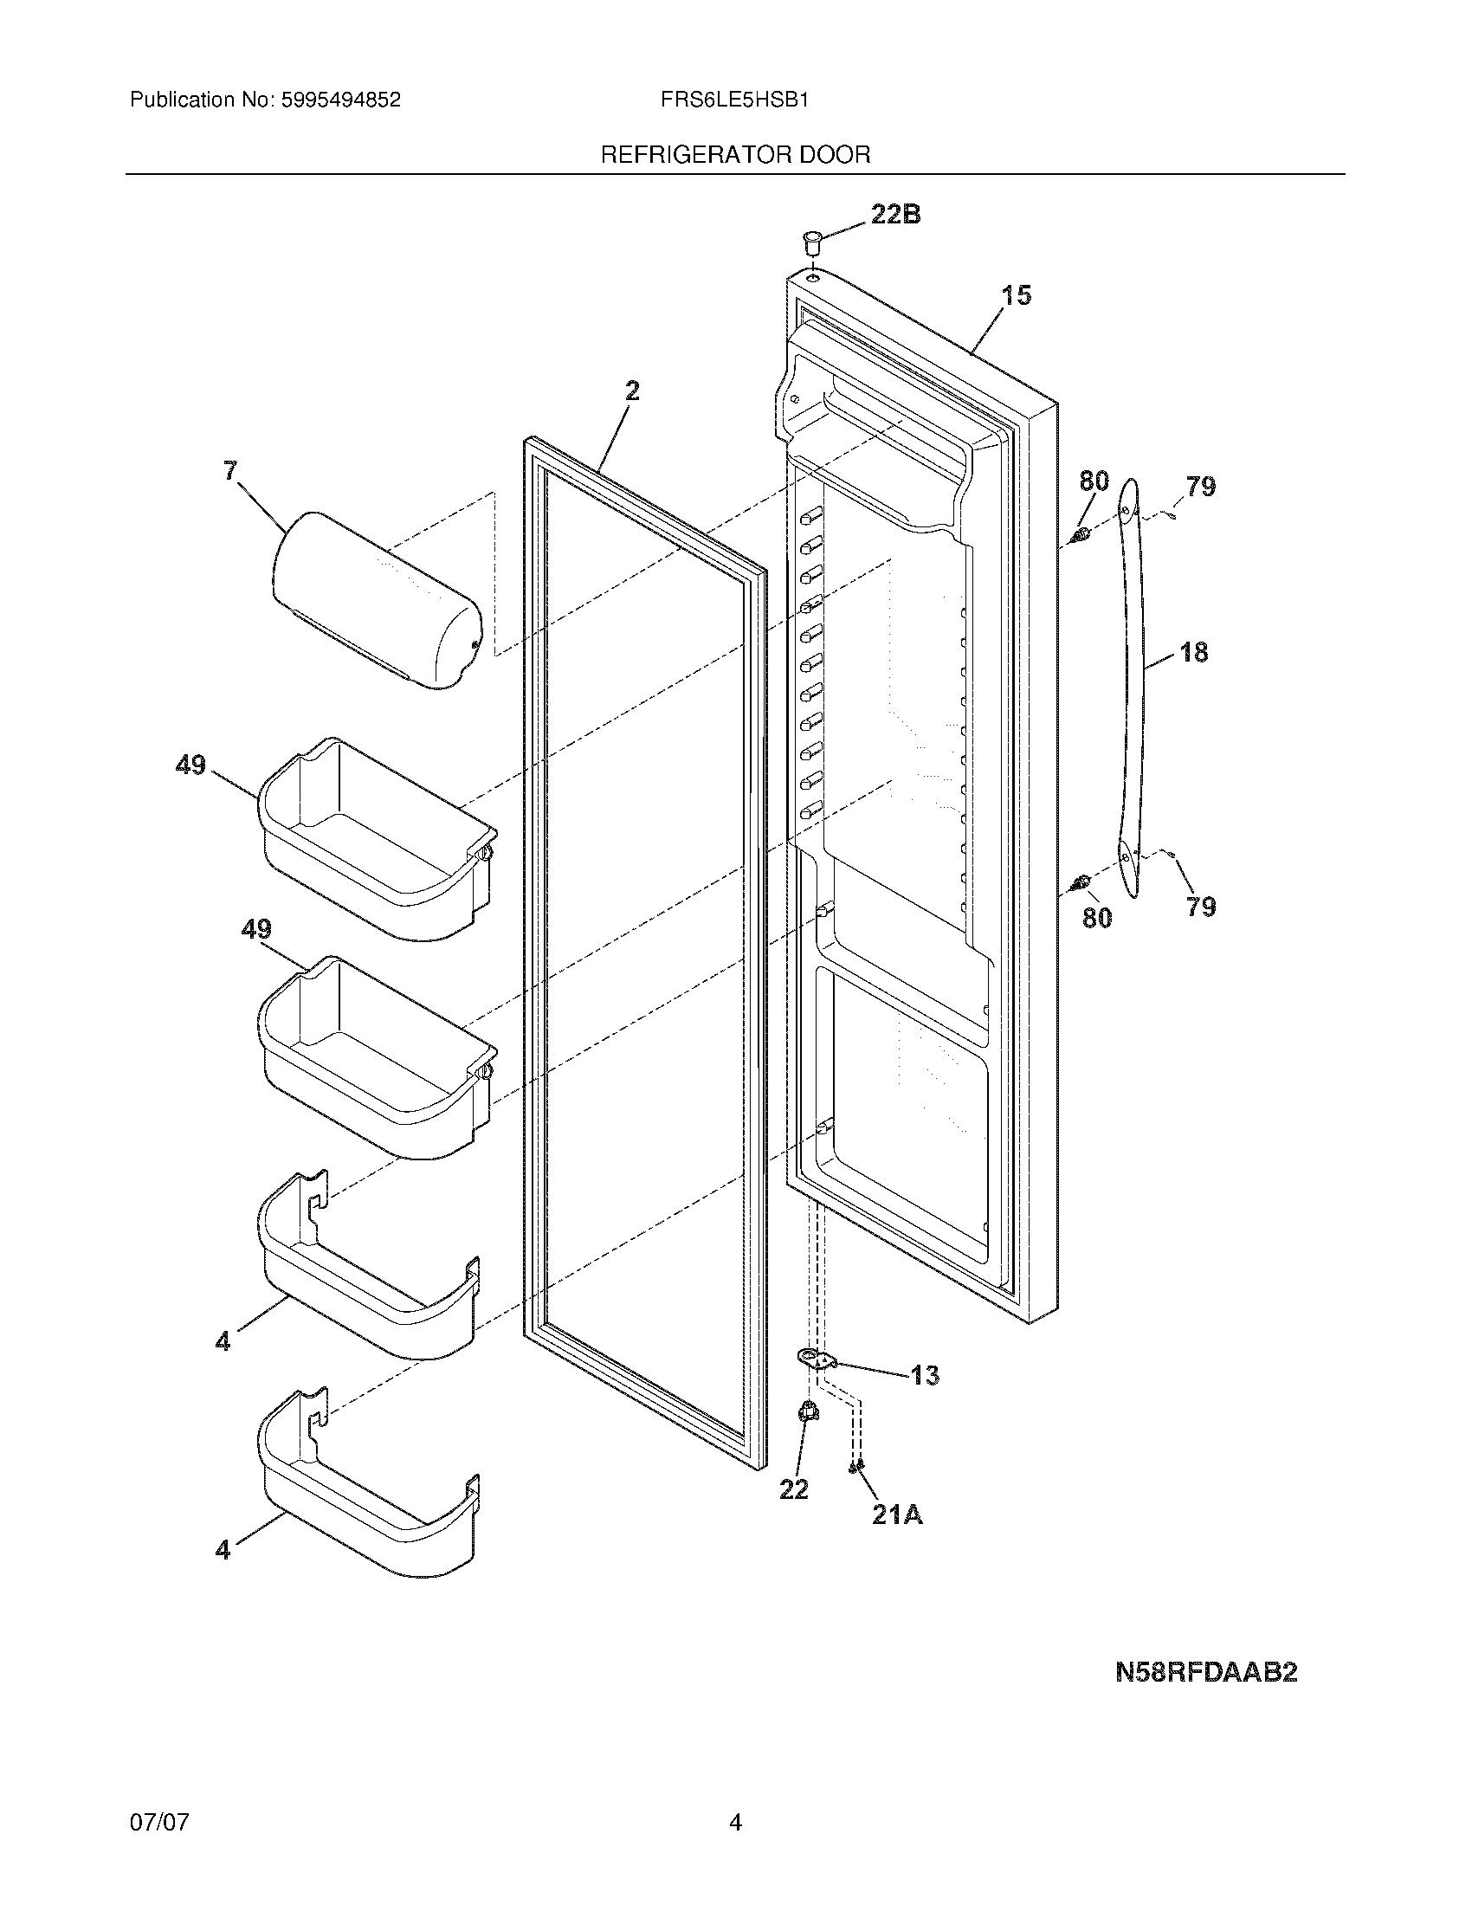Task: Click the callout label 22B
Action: coord(895,215)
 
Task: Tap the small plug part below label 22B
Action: coord(813,239)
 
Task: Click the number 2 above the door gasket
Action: coord(633,391)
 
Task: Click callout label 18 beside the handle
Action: coord(1194,651)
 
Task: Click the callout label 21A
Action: coord(897,1516)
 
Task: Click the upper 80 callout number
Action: coord(1094,481)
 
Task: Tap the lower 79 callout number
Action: coord(1201,907)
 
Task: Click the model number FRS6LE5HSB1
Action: coord(734,100)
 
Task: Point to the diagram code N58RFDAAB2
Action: coord(1206,1672)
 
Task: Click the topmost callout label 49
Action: coord(191,765)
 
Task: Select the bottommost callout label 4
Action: coord(223,1550)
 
